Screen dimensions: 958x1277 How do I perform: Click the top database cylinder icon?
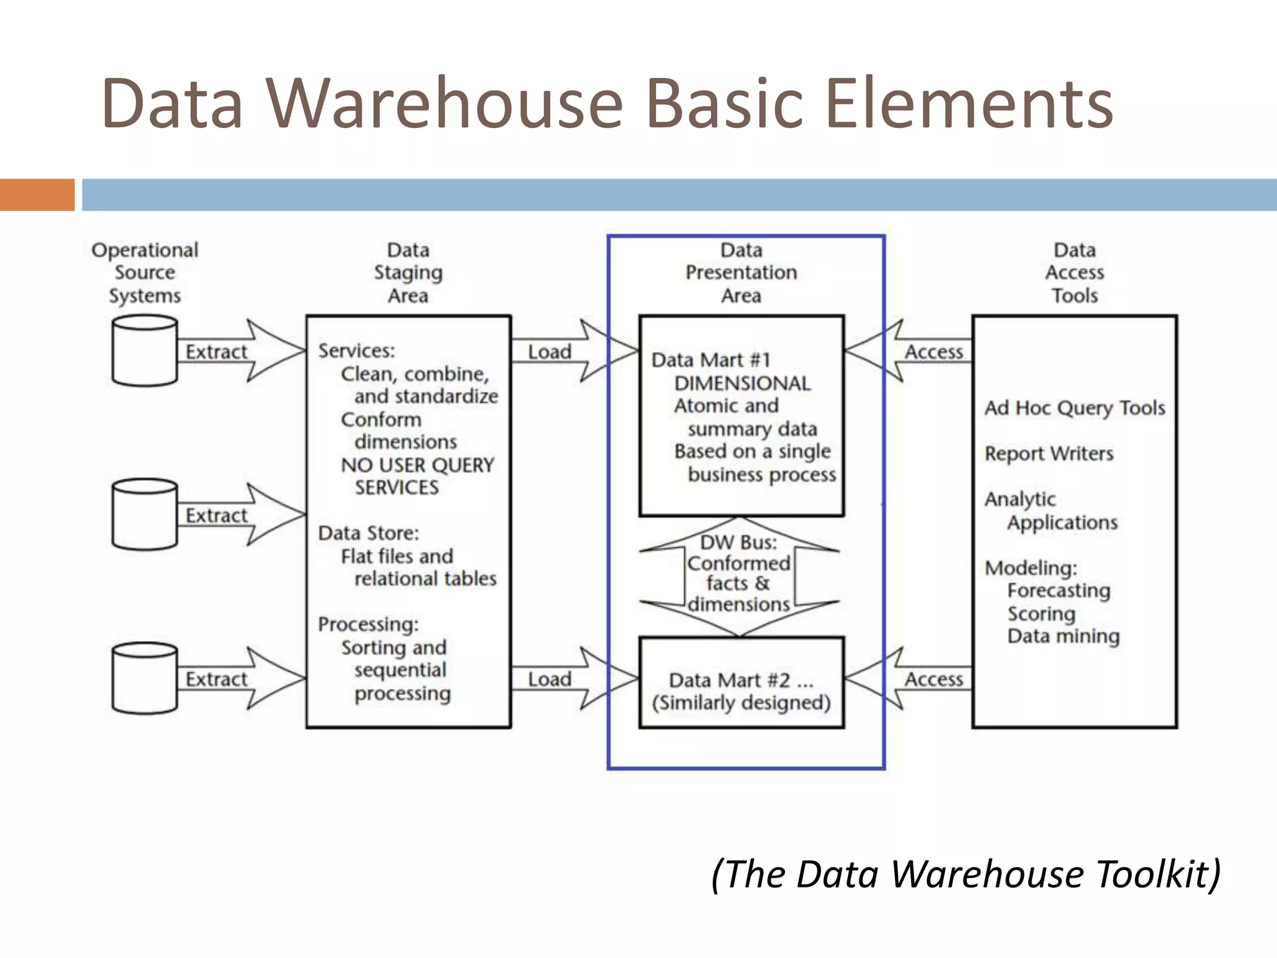click(145, 351)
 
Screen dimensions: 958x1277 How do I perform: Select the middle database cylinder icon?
click(145, 515)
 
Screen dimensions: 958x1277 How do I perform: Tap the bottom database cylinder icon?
click(145, 679)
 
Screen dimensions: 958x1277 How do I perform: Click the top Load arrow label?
click(549, 352)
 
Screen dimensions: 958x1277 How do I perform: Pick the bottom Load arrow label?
click(549, 679)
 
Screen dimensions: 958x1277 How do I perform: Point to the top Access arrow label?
click(933, 352)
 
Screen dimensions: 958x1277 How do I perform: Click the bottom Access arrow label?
click(933, 679)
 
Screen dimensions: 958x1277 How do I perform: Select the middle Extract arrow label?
click(216, 516)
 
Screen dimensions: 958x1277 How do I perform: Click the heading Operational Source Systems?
click(145, 273)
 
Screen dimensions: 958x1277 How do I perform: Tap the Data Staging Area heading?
click(408, 273)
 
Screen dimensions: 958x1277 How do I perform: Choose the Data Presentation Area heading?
click(741, 273)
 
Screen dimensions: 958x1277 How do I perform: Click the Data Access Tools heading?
click(1074, 273)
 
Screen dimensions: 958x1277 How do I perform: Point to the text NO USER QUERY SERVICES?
click(417, 476)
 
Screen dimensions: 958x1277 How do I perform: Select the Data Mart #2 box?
click(741, 683)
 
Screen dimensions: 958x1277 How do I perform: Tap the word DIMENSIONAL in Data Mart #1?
click(742, 383)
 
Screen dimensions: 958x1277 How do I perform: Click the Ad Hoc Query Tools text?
click(1074, 408)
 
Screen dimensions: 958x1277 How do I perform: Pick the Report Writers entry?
click(1049, 453)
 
